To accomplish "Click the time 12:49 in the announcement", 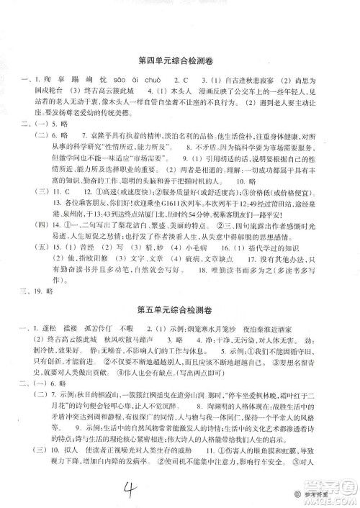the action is [241, 194].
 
